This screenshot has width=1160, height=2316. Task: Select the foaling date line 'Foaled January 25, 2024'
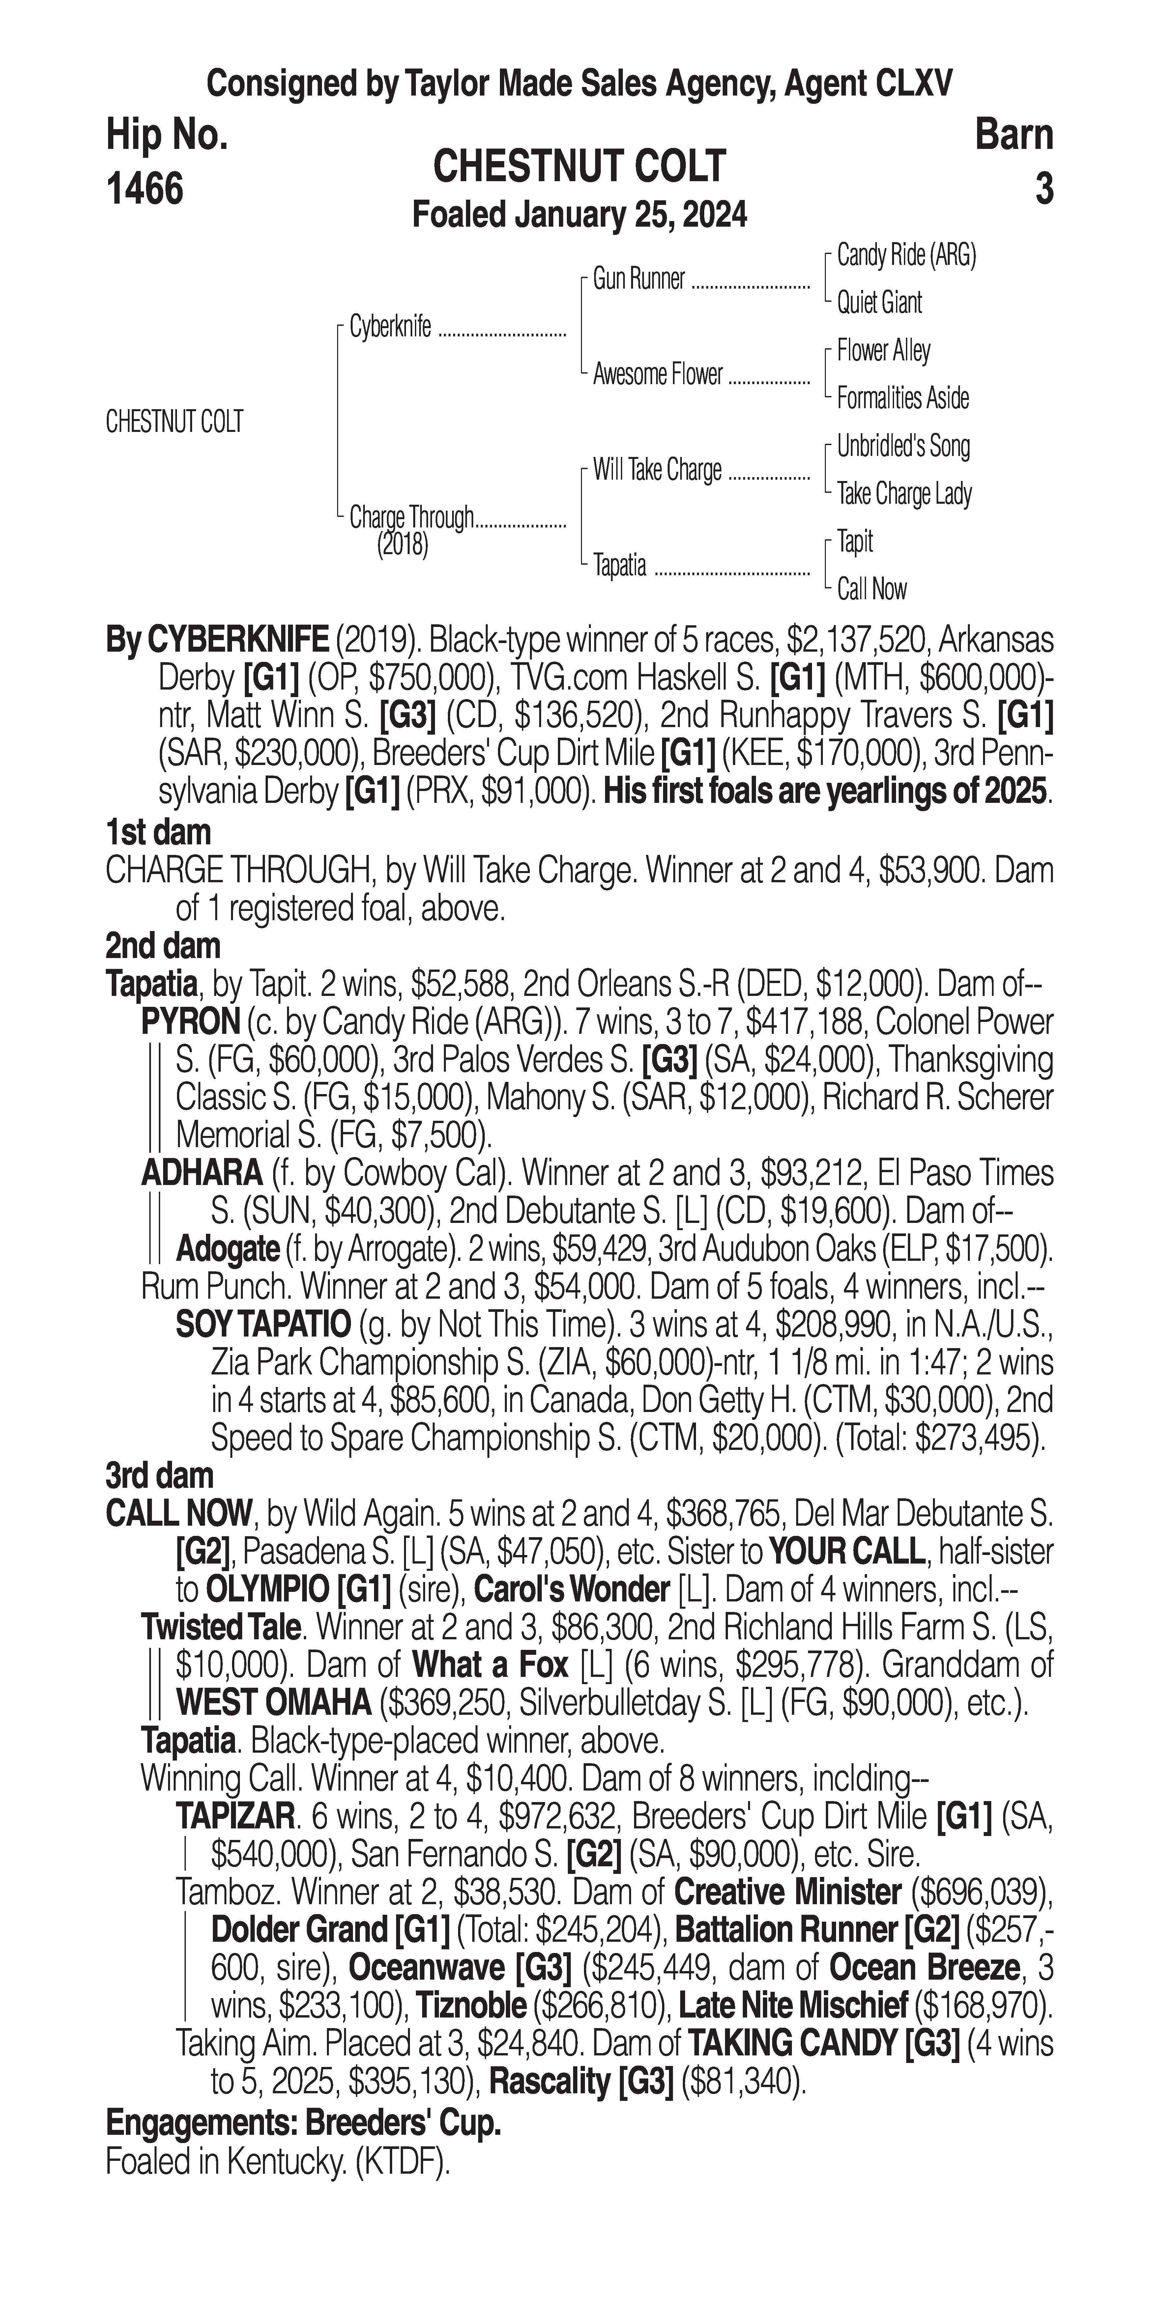click(579, 216)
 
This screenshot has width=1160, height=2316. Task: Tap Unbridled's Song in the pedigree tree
click(903, 446)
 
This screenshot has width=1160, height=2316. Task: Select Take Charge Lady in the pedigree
click(904, 494)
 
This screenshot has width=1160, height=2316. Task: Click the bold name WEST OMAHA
click(274, 1702)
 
